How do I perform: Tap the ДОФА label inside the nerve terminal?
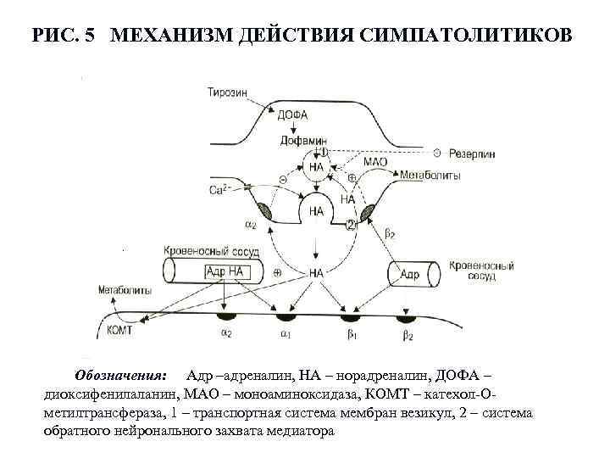(x=291, y=116)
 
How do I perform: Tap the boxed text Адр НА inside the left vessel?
(x=224, y=272)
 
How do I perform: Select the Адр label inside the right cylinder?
(x=410, y=275)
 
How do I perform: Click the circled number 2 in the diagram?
(x=351, y=225)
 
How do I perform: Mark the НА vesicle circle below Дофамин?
(x=317, y=167)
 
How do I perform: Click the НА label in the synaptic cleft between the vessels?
(x=316, y=273)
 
